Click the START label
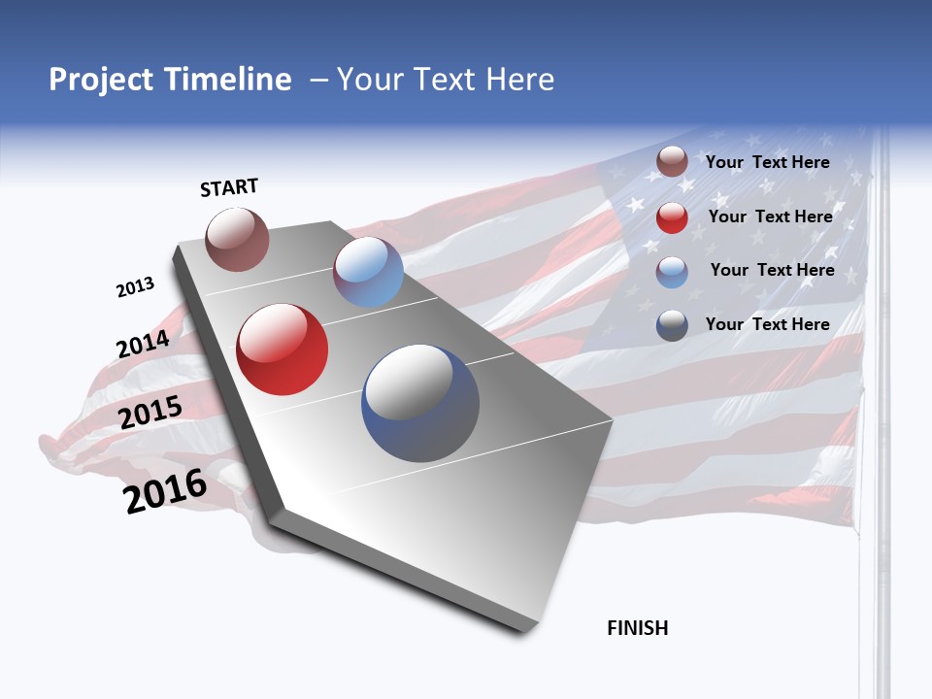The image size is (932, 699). pos(229,187)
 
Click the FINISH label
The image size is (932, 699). pos(638,628)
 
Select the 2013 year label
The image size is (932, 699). pos(135,287)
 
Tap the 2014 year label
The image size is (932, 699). pos(143,344)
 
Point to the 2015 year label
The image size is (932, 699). pos(150,413)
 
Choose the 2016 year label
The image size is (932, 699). pos(165,491)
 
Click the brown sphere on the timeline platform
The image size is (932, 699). pos(237,239)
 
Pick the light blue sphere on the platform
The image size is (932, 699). pos(368,272)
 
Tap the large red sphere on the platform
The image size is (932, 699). pos(283,349)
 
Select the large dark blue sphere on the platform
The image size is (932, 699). pos(420,403)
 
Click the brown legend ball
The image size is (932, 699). pos(672,162)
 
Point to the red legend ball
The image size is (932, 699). pos(672,217)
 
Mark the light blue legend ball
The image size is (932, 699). pos(672,272)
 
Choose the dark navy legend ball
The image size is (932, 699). pos(672,325)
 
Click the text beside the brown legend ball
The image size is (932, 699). pos(767,162)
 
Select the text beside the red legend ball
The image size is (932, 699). pos(770,216)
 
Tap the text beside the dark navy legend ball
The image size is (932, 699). pos(767,324)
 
